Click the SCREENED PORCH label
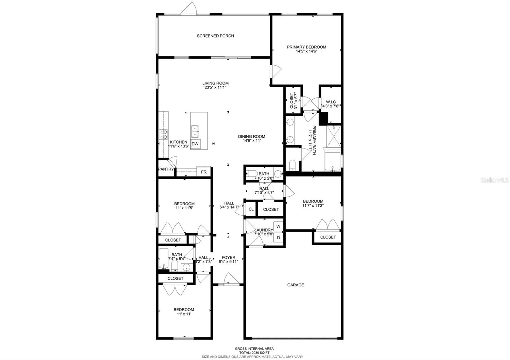215,36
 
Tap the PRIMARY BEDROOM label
306,47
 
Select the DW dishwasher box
195,144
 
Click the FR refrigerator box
204,172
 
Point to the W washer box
278,227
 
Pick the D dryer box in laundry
278,238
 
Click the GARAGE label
295,285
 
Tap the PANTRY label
166,169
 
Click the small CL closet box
251,209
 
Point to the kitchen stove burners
164,134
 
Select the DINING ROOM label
251,137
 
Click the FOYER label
228,258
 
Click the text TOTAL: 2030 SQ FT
254,353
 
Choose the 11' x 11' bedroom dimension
184,314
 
